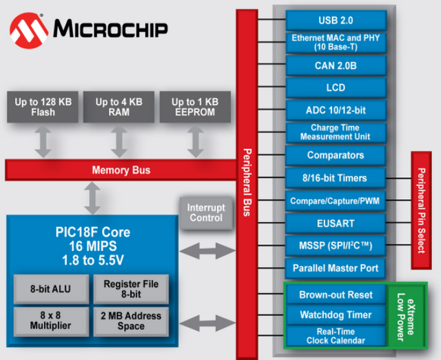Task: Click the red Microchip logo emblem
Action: coord(29,29)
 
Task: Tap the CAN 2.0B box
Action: coord(335,66)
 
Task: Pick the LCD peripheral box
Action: coord(335,88)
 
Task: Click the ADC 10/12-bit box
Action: coord(335,110)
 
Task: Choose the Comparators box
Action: coord(335,155)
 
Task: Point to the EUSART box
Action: coord(335,223)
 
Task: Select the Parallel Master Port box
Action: coord(335,268)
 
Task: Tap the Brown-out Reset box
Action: coord(335,294)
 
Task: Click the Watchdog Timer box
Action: coord(335,314)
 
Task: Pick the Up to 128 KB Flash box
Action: coord(43,108)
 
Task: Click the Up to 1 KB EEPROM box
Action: coord(195,108)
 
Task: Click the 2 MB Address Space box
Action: coord(131,321)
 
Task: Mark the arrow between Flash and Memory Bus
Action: coord(43,141)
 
